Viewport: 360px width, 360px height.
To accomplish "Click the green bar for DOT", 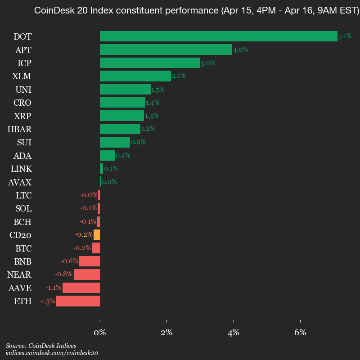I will (218, 36).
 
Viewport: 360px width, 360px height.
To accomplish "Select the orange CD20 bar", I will (97, 235).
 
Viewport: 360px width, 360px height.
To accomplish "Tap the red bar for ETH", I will (78, 301).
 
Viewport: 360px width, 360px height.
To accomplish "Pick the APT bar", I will (166, 49).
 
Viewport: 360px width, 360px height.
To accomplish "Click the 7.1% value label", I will (345, 36).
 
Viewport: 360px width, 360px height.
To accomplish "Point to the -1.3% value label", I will (47, 301).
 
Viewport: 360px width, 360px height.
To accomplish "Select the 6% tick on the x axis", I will (300, 333).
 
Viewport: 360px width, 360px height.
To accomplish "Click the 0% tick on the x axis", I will (100, 333).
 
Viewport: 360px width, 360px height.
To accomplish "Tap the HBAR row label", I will (19, 129).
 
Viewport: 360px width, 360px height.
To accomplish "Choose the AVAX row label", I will (20, 182).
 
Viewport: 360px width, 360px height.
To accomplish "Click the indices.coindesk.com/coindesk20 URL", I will (52, 353).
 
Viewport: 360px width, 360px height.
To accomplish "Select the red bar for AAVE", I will (81, 288).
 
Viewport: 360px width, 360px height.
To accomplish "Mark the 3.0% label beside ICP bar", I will (208, 63).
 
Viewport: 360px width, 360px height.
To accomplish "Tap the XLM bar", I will (135, 76).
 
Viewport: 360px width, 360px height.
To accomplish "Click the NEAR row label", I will (19, 274).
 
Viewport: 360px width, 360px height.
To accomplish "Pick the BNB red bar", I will (90, 261).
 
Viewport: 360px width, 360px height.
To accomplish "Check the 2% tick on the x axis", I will (166, 333).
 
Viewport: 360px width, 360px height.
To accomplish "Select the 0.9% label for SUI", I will (138, 142).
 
